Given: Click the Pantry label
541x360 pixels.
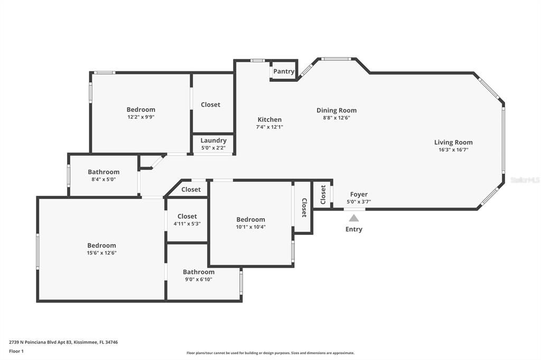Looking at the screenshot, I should pos(284,71).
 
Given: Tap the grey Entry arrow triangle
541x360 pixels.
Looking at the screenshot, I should pos(353,217).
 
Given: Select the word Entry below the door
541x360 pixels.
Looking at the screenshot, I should pos(354,229).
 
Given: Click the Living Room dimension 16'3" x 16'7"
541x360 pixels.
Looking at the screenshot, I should pos(453,149).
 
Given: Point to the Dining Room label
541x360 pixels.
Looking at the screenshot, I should pos(337,110).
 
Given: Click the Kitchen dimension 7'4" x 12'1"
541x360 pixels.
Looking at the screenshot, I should pos(269,127).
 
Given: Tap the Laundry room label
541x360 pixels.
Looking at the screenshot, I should pos(213,140).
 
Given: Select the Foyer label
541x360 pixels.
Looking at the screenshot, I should pos(359,194).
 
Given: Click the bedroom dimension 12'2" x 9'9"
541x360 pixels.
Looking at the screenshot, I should pos(141,117).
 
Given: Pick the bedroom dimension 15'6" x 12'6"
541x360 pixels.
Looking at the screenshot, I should pos(101,253).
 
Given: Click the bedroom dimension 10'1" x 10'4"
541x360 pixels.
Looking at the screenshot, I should pos(250,227).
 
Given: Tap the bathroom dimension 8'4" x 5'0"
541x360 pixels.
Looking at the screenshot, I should pos(104,179).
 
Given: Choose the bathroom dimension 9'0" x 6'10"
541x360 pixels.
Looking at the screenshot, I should pos(199,279).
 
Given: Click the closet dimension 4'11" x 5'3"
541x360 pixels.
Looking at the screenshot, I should pos(187,223).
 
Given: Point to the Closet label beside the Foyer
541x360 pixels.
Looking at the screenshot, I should pos(323,194).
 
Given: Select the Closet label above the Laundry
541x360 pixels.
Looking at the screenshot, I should pos(210,105).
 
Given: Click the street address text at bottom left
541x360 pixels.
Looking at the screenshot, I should pos(63,342).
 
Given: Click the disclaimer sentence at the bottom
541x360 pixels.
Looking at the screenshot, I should pos(270,353).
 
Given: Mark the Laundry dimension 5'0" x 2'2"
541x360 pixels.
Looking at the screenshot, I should pos(213,148).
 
